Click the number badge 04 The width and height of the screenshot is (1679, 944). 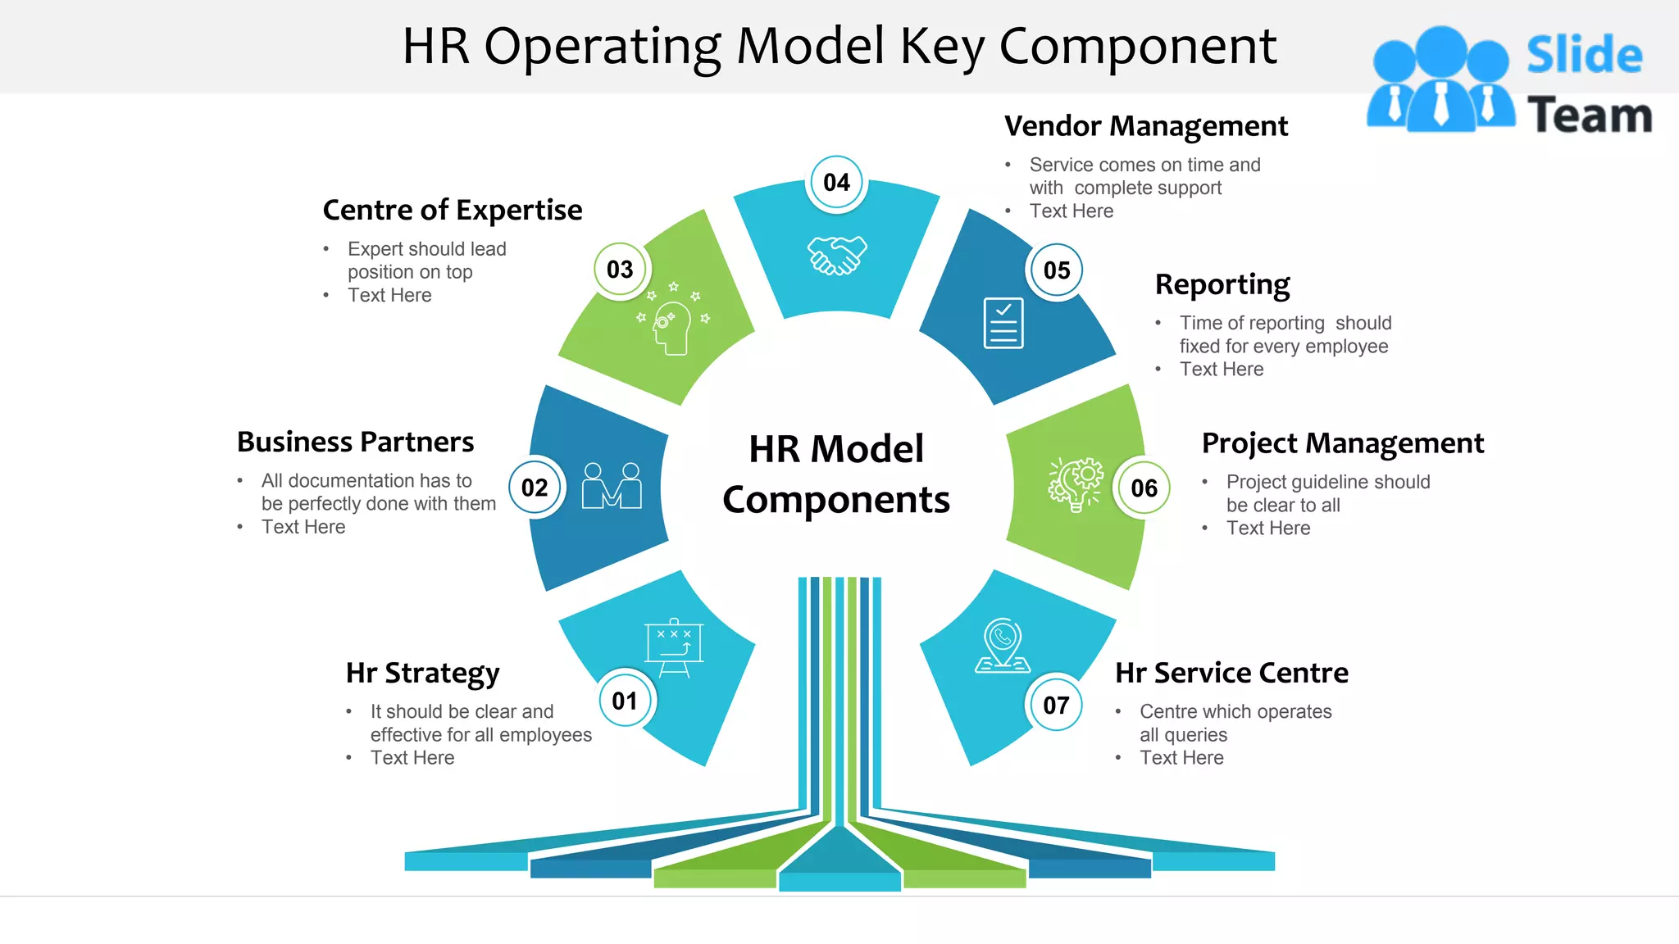point(836,183)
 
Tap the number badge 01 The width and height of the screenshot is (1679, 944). point(625,701)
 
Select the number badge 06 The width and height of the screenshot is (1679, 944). point(1144,488)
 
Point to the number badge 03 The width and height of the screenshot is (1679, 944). point(620,270)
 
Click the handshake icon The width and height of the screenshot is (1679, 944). point(837,256)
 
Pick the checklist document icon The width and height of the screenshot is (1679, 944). point(1003,323)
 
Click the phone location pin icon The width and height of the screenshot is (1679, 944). point(1003,647)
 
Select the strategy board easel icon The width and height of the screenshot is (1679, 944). point(674,648)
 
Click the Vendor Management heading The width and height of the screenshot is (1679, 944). point(1145,126)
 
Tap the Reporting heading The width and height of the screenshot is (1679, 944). point(1222,284)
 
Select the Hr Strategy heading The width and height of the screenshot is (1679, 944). point(422,673)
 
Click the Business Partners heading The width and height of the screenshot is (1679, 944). point(355,442)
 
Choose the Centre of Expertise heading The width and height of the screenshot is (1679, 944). point(452,210)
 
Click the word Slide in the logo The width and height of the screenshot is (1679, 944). point(1584,56)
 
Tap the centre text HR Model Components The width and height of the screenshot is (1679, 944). point(836,474)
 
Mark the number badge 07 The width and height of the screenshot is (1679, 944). point(1056,705)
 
